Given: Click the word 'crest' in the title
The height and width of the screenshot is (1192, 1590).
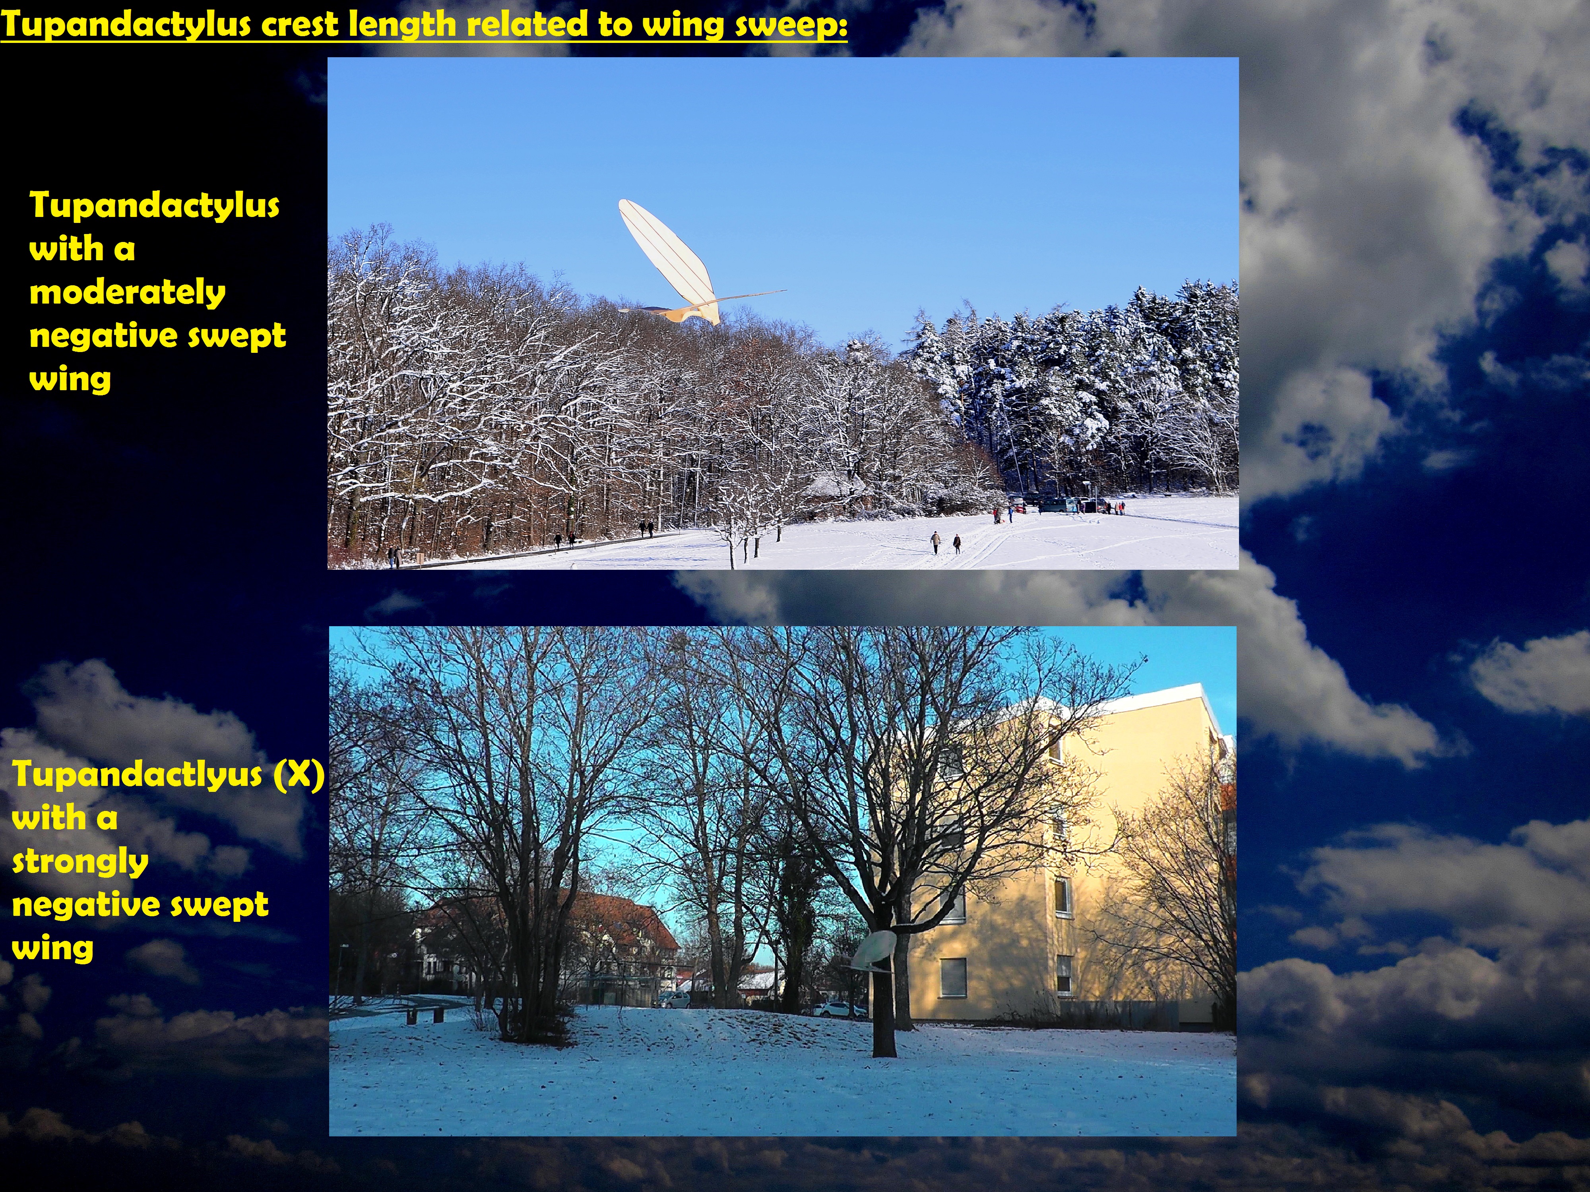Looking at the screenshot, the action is [x=301, y=25].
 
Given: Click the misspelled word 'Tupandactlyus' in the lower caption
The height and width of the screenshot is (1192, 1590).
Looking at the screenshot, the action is [x=137, y=775].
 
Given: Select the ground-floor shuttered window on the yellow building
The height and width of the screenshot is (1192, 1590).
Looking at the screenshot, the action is [x=953, y=977].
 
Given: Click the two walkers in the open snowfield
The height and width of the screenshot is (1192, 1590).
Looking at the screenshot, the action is [x=945, y=542].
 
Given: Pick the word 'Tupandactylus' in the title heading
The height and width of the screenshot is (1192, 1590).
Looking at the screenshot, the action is [x=126, y=25].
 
